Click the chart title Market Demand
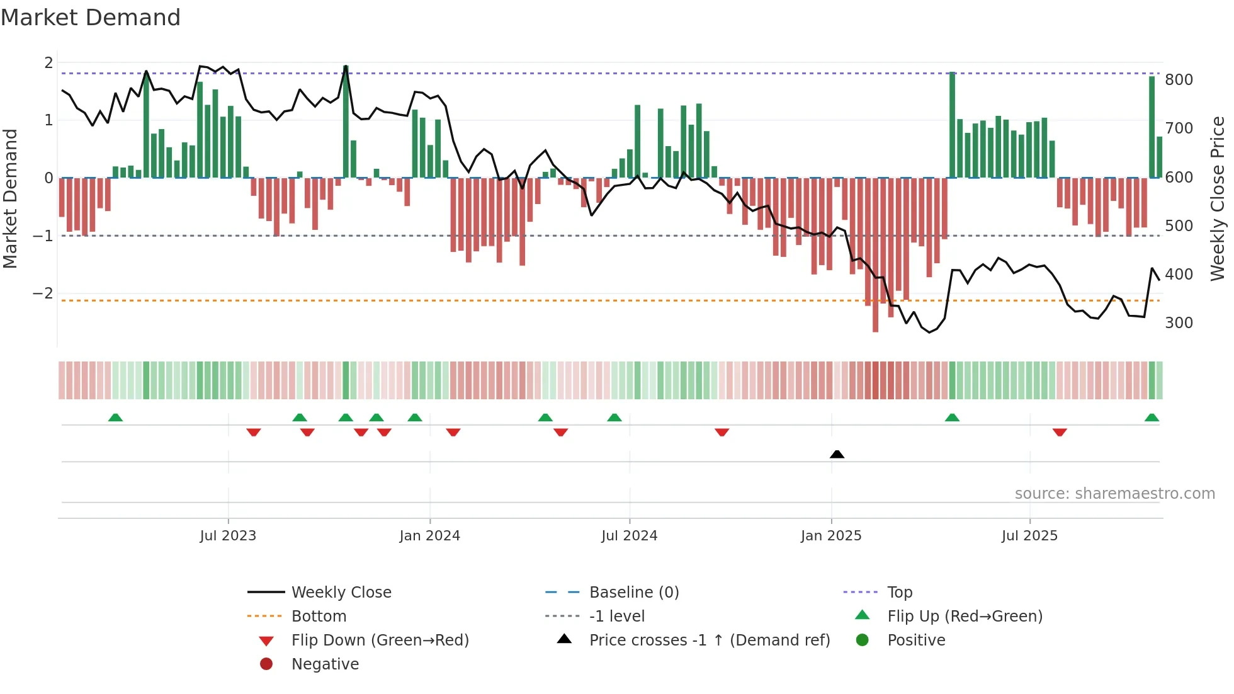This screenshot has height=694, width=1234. (x=91, y=18)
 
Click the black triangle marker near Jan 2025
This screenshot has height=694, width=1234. (x=837, y=454)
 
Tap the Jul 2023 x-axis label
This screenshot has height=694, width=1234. (x=228, y=535)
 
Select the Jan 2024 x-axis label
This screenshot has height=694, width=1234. (x=430, y=535)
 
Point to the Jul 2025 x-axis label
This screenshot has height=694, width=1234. (x=1029, y=535)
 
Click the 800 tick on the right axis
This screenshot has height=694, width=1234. (x=1179, y=80)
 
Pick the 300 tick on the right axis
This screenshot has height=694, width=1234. (x=1179, y=323)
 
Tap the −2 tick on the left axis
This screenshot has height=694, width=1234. (x=43, y=293)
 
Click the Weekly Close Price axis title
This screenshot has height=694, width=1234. (x=1218, y=198)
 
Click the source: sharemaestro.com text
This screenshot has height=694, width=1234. (x=1114, y=493)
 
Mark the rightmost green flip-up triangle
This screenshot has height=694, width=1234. (x=1152, y=418)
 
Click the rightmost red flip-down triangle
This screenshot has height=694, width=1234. (x=1060, y=432)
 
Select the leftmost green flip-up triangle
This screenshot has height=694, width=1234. (x=115, y=418)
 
